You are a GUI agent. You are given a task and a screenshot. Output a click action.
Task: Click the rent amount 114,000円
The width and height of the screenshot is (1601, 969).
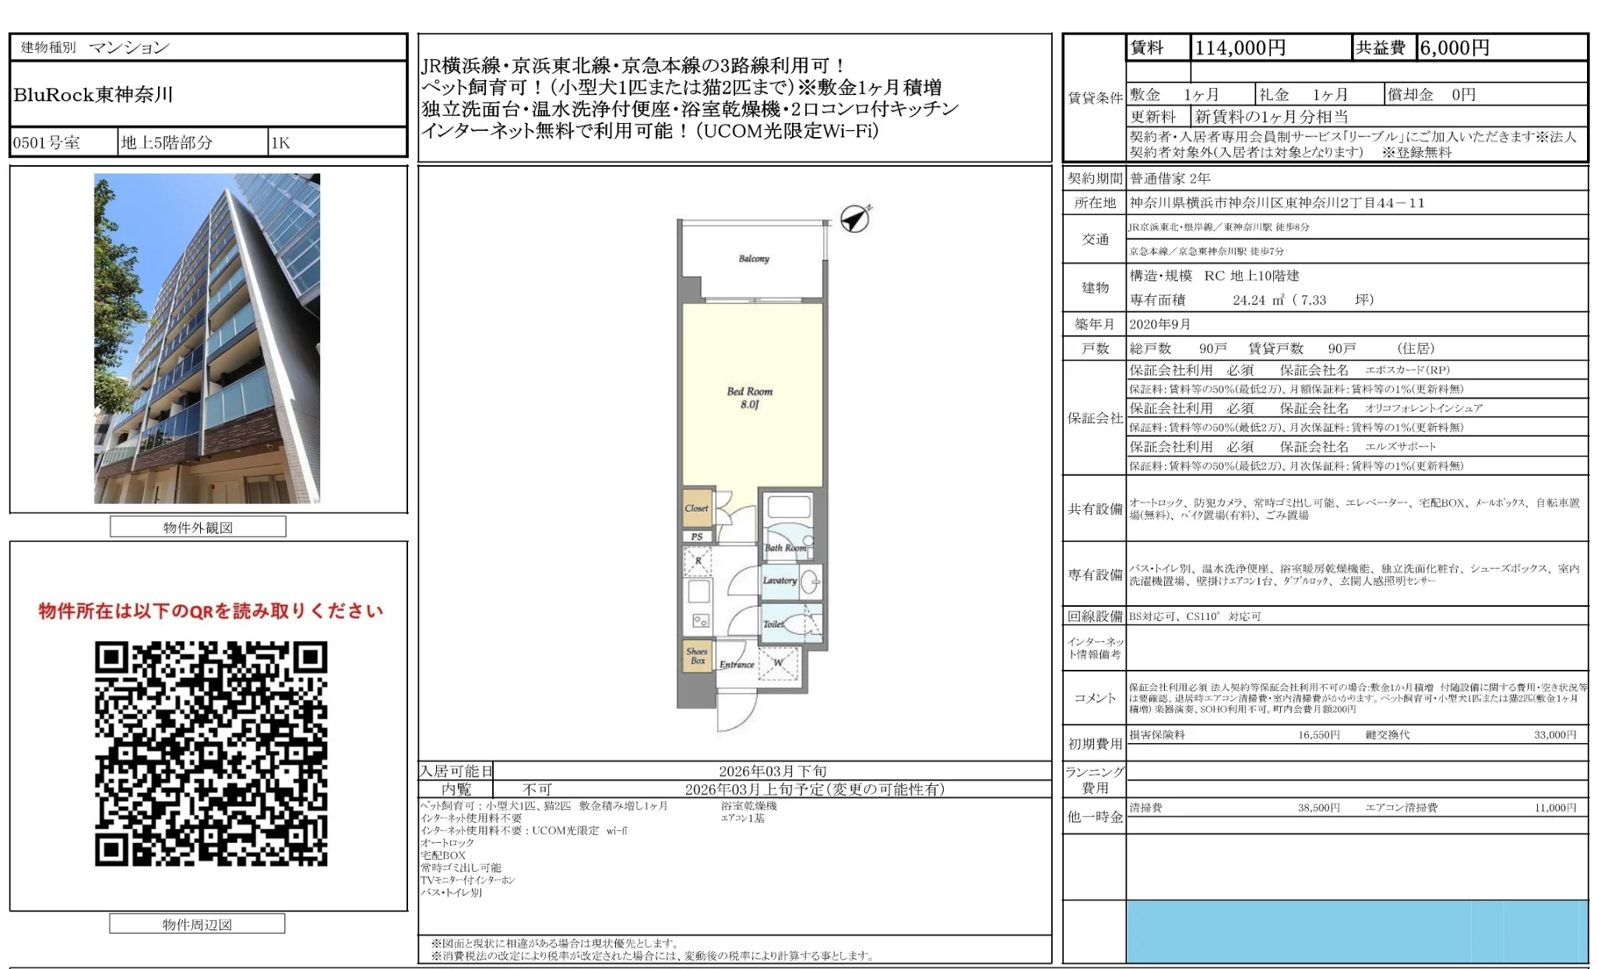1240,48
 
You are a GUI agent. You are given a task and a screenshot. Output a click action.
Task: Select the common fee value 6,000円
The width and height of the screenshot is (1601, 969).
1454,48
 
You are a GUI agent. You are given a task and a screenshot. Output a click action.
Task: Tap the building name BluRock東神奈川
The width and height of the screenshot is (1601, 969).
93,95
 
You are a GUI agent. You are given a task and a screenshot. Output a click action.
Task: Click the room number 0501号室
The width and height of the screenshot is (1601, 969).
47,143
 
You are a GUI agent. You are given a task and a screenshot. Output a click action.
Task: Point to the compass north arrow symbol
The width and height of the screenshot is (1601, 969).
855,219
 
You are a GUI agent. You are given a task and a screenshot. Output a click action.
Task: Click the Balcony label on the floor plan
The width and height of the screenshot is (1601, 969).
753,259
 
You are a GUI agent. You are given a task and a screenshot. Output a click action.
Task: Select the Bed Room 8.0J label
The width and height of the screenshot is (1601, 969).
749,397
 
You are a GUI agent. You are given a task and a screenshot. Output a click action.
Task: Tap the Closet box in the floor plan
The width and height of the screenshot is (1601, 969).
696,509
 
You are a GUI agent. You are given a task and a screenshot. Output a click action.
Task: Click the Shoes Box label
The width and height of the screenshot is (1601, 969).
697,656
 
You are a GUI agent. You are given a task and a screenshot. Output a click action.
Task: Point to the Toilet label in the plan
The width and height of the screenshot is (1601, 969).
773,624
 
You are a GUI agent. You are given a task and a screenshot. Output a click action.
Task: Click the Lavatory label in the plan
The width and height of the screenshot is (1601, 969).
779,580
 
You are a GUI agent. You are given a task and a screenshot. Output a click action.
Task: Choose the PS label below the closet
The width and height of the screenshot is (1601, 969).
696,537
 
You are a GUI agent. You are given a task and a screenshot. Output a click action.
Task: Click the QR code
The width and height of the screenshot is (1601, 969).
211,753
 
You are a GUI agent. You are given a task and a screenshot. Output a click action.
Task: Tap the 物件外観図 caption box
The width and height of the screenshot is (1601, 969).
198,527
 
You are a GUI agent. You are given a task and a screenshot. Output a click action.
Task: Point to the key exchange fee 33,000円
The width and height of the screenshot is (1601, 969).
1554,735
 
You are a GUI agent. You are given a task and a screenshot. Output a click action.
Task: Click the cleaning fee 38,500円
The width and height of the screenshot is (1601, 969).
1318,808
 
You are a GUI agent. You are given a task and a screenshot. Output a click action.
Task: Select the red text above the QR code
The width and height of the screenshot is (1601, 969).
211,611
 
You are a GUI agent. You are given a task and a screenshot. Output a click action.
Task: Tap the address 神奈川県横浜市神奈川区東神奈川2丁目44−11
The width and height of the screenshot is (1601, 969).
1277,203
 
